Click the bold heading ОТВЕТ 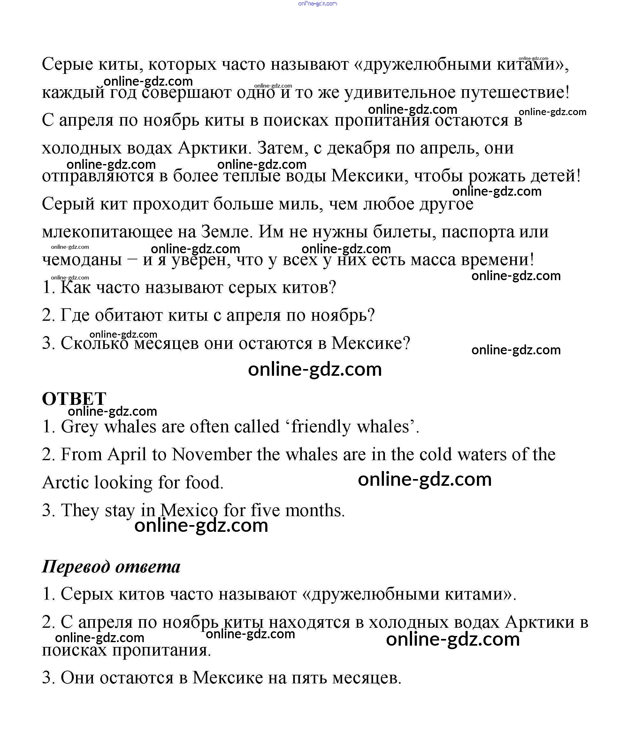[74, 398]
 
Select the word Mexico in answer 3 [189, 511]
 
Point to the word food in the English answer [204, 483]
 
